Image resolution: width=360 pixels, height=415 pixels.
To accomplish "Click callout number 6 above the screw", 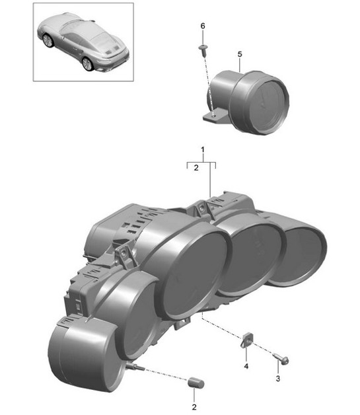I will (x=203, y=26).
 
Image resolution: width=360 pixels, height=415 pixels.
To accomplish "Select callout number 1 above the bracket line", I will (x=203, y=151).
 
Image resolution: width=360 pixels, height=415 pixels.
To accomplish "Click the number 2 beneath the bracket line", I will (x=196, y=169).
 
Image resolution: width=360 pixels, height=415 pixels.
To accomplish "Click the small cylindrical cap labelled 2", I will (x=196, y=383).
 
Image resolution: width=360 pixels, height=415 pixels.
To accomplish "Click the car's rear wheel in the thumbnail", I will (x=88, y=63).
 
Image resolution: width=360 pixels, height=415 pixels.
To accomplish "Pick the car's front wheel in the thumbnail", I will (x=48, y=40).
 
